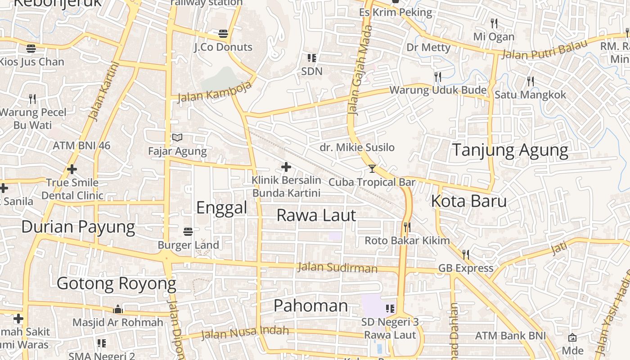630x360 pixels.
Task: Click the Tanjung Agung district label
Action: [510, 150]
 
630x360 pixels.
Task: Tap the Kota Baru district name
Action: [468, 201]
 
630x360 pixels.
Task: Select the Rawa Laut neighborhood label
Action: [316, 215]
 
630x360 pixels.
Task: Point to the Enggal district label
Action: [222, 207]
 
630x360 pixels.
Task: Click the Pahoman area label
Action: [310, 306]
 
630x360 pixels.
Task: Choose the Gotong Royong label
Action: [116, 283]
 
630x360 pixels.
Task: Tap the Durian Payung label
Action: [78, 227]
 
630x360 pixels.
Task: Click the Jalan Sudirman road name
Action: [337, 268]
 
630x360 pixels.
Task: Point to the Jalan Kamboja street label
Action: [214, 92]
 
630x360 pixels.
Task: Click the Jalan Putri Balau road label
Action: [544, 49]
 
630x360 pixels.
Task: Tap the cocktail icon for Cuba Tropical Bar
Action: [372, 169]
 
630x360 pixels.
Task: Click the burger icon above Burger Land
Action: [188, 232]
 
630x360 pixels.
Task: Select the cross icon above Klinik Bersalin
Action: [286, 167]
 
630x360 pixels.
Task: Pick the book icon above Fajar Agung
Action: [177, 138]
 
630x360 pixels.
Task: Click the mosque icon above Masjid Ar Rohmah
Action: [118, 309]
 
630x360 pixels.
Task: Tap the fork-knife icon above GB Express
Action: [466, 255]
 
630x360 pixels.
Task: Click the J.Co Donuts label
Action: [223, 47]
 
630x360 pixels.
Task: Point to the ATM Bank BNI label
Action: [510, 336]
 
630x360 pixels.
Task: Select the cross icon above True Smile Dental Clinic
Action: [72, 170]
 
